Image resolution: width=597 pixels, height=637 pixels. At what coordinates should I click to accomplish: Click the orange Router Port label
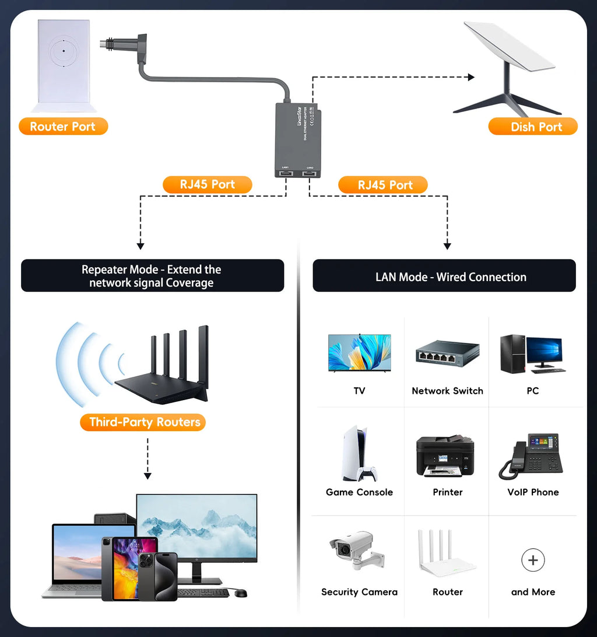click(63, 127)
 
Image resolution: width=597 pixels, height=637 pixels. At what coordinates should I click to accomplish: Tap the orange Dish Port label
click(533, 127)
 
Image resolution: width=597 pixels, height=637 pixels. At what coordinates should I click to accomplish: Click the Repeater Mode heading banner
click(152, 276)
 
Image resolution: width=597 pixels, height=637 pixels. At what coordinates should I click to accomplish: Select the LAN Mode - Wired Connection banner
click(444, 276)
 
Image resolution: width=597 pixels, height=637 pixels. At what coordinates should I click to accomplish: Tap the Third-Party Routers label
click(143, 422)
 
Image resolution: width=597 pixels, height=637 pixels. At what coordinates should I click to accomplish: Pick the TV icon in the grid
click(359, 353)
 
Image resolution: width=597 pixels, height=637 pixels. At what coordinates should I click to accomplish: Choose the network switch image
click(447, 353)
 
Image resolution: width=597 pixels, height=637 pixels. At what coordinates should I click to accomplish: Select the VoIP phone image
click(532, 455)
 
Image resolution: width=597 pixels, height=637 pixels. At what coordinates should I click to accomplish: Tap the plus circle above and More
click(533, 561)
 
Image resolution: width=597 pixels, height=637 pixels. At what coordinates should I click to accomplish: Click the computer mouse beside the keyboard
click(241, 593)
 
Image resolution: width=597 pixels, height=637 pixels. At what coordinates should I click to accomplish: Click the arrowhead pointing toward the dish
click(470, 77)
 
